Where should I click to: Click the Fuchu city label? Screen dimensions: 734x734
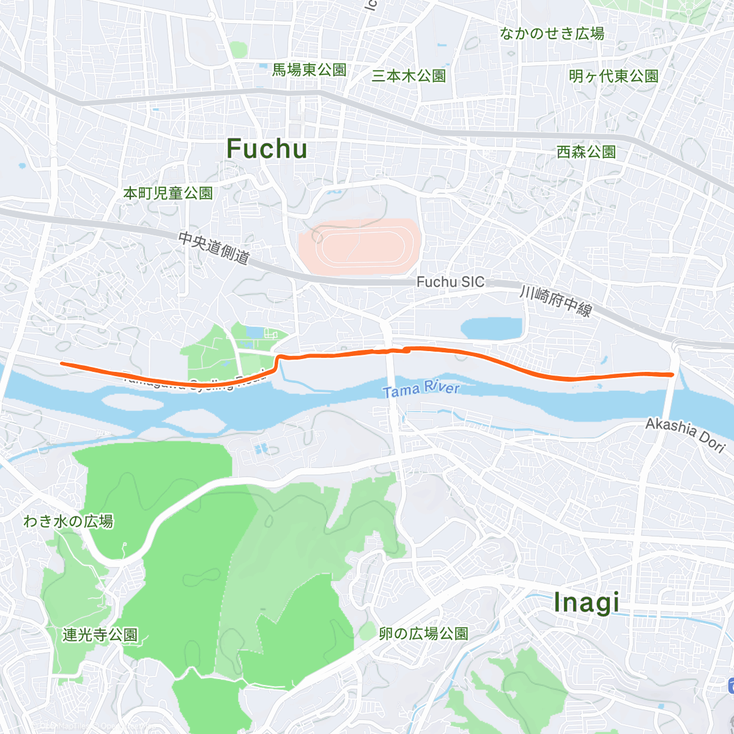267,149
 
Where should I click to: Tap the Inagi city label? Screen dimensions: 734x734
586,603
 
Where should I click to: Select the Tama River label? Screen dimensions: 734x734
421,388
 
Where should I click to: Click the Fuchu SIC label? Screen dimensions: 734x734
450,282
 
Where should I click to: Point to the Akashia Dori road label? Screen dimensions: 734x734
686,434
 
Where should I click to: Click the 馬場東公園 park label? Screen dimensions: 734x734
309,70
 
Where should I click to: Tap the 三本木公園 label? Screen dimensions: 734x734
409,76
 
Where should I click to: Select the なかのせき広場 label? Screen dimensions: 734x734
552,34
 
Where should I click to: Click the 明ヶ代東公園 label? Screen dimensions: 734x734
614,76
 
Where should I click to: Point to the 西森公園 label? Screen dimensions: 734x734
586,152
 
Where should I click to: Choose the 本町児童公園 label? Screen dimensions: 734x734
168,193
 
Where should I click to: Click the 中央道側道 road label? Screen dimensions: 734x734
214,248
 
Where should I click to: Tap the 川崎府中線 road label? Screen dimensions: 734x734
555,300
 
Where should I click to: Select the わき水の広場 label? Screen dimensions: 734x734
69,522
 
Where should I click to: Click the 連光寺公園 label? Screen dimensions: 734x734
100,635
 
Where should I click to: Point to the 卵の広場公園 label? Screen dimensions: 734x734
423,634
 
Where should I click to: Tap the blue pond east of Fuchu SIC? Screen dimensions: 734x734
492,329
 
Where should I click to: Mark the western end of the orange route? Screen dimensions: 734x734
62,363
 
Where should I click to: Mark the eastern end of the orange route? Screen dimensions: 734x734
672,374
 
